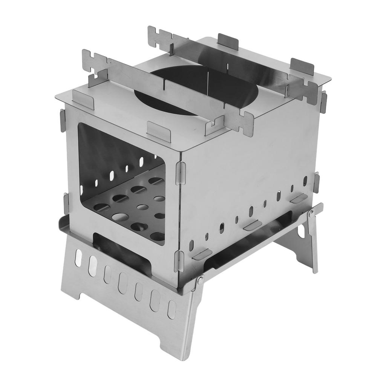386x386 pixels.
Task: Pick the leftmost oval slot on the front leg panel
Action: (78, 258)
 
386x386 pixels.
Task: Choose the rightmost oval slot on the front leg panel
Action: (172, 309)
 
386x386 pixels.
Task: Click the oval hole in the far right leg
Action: (301, 231)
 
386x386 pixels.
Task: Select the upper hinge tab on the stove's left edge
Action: (63, 120)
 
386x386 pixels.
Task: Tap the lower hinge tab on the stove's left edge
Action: (66, 204)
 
